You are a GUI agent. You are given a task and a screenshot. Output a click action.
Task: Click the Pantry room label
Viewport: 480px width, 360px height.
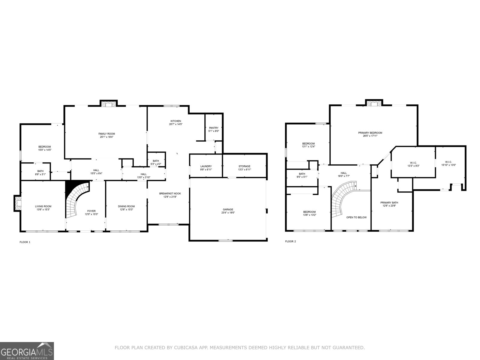(214, 128)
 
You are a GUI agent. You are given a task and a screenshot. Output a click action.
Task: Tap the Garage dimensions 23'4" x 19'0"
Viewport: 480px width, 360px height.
(228, 213)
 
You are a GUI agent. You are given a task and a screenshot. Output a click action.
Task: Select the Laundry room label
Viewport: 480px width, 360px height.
(206, 166)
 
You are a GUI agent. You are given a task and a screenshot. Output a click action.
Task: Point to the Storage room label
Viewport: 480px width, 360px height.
(244, 166)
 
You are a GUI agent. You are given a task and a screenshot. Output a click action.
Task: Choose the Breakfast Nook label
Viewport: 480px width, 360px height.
(170, 193)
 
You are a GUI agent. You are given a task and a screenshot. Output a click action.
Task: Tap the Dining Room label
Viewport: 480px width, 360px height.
(126, 206)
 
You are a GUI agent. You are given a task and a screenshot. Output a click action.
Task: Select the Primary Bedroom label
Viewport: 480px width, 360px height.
(370, 133)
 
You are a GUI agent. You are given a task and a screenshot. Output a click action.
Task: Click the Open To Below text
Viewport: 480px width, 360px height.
(356, 217)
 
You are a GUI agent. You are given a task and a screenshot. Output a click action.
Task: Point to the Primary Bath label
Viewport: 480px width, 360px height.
(389, 202)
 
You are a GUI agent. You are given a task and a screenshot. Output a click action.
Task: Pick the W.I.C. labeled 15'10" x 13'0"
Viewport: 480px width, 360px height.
(448, 162)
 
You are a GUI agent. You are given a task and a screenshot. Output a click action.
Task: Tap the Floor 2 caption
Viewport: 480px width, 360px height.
(290, 241)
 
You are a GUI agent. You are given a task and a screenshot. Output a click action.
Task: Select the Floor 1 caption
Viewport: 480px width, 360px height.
(25, 242)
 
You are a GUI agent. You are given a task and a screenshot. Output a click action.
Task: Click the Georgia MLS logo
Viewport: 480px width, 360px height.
(27, 351)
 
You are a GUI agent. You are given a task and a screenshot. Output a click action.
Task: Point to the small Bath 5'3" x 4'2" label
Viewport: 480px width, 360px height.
(156, 161)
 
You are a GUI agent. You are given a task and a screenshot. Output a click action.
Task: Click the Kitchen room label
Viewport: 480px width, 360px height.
(175, 121)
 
